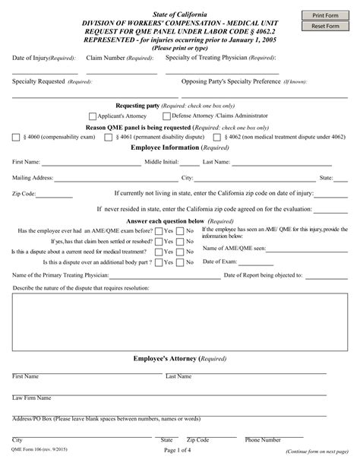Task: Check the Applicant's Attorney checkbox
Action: pos(93,116)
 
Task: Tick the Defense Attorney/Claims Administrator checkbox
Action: pos(166,116)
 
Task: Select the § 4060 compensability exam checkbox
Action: pos(16,138)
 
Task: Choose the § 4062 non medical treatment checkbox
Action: pos(217,138)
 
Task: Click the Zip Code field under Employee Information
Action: pos(55,195)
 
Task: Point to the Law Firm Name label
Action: pos(32,398)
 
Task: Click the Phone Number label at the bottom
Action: pos(263,440)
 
